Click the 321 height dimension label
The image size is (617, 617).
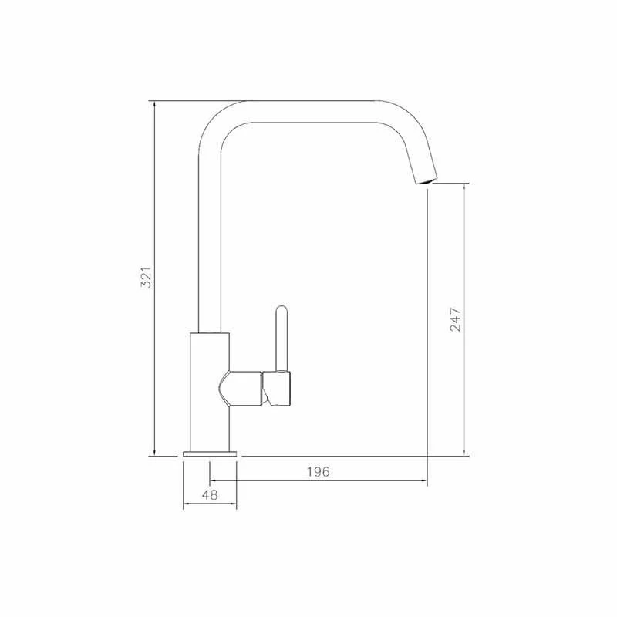147,278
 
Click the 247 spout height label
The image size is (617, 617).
455,319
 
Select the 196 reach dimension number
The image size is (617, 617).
319,471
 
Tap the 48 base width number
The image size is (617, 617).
210,495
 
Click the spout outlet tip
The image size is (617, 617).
426,181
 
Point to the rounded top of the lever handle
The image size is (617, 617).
282,310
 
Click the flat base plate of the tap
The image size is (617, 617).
210,453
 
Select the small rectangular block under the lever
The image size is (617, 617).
276,388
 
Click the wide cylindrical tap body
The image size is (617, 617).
209,392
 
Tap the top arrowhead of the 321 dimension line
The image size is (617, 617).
155,105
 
